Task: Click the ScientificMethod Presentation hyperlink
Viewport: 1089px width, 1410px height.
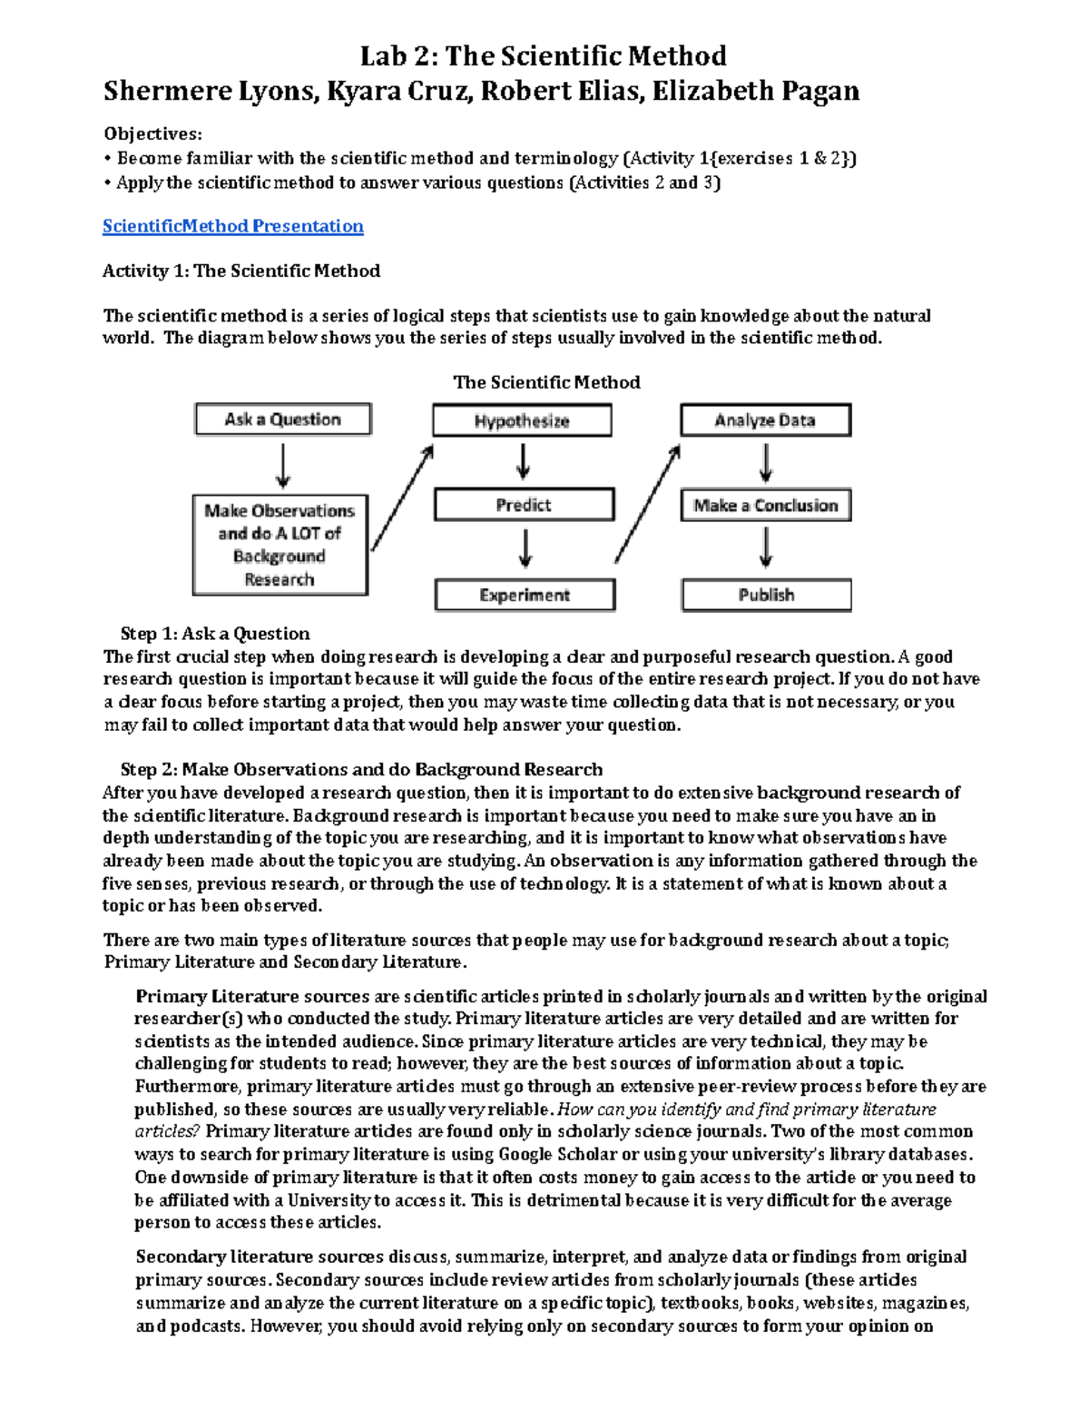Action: pyautogui.click(x=232, y=226)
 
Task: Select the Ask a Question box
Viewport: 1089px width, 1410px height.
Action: pyautogui.click(x=282, y=419)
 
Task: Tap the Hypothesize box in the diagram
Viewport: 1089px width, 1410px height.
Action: pyautogui.click(x=522, y=420)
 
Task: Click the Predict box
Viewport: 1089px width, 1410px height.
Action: pyautogui.click(x=524, y=505)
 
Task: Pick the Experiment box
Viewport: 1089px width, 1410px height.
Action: pyautogui.click(x=525, y=595)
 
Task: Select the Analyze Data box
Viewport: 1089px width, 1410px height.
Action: pyautogui.click(x=765, y=420)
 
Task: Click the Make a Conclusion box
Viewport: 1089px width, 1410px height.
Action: pyautogui.click(x=765, y=506)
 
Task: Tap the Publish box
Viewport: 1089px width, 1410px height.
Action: pyautogui.click(x=766, y=595)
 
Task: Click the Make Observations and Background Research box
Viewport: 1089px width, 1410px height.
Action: pyautogui.click(x=280, y=545)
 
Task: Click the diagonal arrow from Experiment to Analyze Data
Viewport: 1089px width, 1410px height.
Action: pyautogui.click(x=647, y=504)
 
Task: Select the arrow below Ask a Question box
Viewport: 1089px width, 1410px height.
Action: pyautogui.click(x=283, y=466)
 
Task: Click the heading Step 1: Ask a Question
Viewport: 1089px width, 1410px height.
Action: pyautogui.click(x=215, y=634)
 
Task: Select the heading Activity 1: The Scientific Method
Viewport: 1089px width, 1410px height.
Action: pyautogui.click(x=240, y=271)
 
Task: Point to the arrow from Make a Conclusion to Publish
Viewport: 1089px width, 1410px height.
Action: pyautogui.click(x=766, y=548)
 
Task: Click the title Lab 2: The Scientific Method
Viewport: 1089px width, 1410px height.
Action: pyautogui.click(x=543, y=56)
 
